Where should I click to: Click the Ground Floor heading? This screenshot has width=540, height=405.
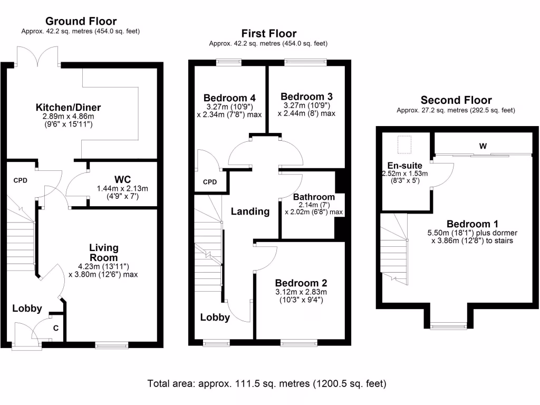point(81,22)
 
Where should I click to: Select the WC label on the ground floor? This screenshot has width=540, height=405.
point(122,179)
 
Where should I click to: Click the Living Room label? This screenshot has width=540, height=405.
point(103,253)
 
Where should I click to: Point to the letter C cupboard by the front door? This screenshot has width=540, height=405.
point(56,328)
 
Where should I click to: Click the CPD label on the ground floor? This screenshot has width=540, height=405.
point(21,180)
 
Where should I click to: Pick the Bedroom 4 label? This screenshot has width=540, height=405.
point(229,98)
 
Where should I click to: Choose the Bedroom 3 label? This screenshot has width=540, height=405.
point(306,97)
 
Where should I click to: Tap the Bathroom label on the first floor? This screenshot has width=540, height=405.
point(314,196)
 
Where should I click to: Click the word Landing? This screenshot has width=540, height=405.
point(250,211)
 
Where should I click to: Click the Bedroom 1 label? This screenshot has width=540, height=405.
point(472,223)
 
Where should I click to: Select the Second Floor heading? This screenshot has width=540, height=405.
point(456,100)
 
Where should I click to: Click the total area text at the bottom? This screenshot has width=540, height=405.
point(267,383)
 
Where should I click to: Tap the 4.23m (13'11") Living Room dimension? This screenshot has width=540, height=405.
point(103,266)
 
